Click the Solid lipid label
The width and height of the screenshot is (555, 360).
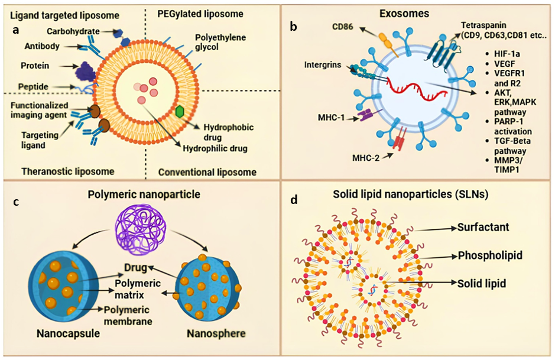(481, 284)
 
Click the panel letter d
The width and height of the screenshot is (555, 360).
(294, 200)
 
